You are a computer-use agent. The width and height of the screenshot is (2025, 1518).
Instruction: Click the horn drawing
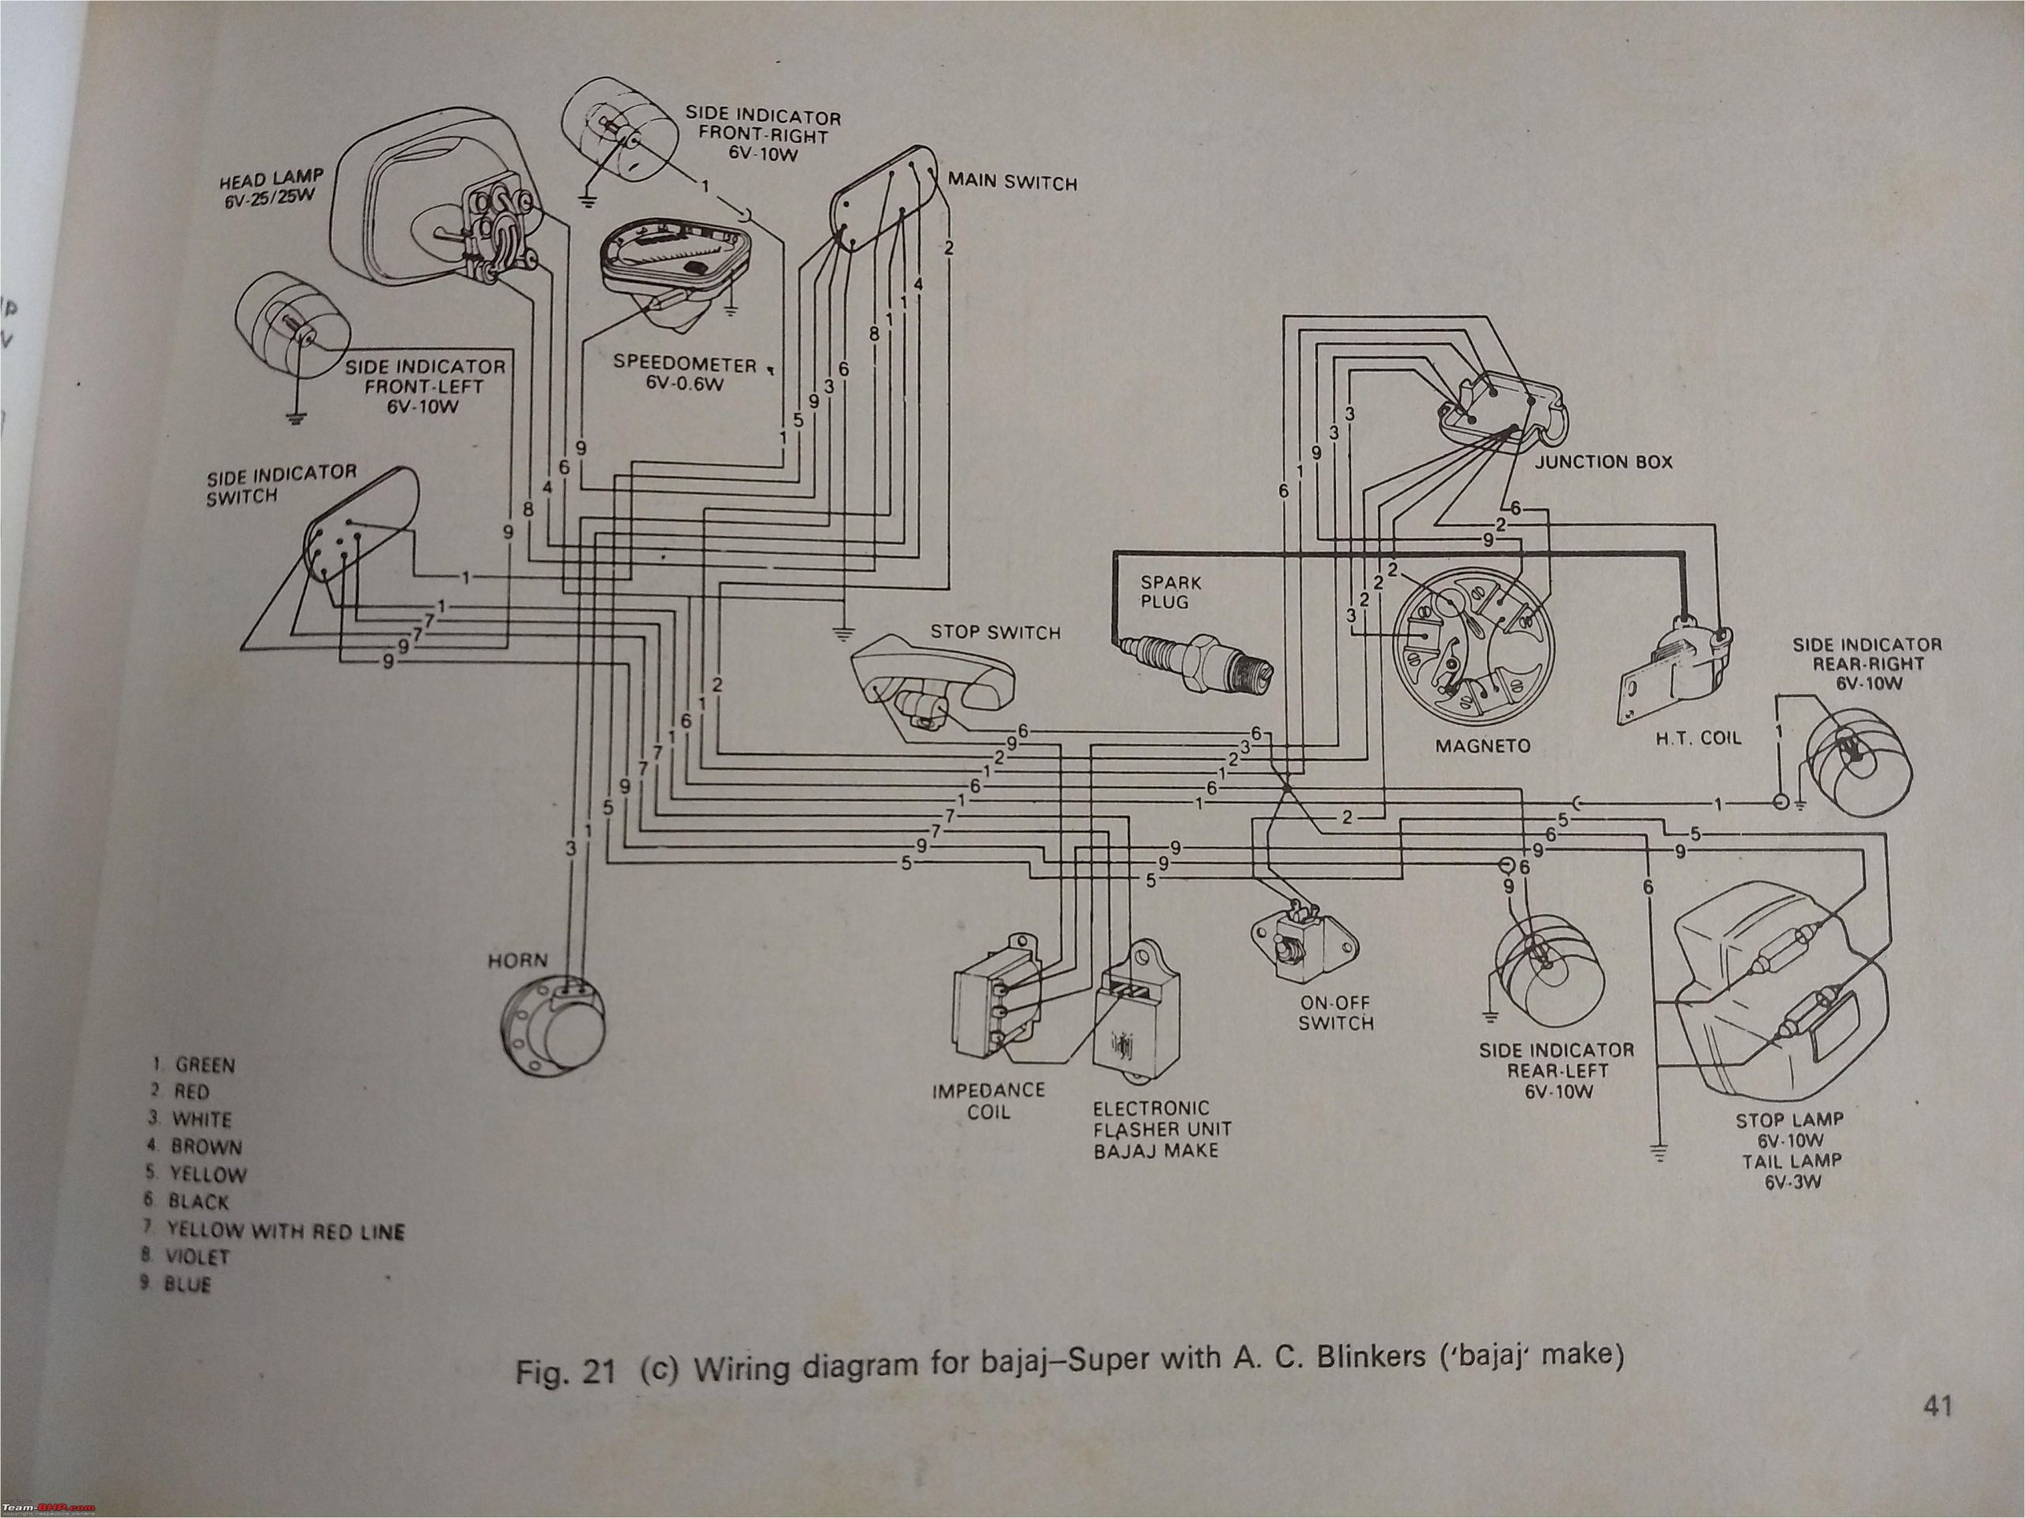coord(555,1029)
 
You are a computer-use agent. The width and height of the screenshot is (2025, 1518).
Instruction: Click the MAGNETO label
coord(1482,746)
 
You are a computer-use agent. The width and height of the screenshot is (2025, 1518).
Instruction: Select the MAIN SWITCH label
coord(1012,183)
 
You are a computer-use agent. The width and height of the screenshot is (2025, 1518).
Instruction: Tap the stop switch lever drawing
coord(933,682)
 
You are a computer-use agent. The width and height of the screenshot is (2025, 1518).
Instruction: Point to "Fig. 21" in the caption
coord(565,1373)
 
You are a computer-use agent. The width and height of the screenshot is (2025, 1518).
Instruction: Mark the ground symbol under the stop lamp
coord(1658,1154)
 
